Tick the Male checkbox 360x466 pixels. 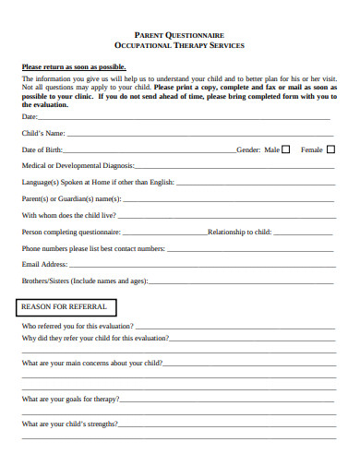[x=285, y=149]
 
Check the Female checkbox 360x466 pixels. [x=331, y=149]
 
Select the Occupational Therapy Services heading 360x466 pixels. [x=180, y=44]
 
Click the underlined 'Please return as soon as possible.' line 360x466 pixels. [x=74, y=67]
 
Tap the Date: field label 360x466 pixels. [x=30, y=117]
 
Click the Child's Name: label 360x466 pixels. [x=43, y=134]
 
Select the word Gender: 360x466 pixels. [x=248, y=149]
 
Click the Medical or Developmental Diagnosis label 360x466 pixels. [x=78, y=166]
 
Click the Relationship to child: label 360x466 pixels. [x=239, y=232]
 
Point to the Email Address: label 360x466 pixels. [x=44, y=264]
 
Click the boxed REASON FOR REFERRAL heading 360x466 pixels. [x=64, y=306]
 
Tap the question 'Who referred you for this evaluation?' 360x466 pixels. [x=78, y=326]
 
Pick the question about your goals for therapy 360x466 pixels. [x=70, y=399]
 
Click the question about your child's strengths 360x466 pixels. [x=70, y=424]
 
